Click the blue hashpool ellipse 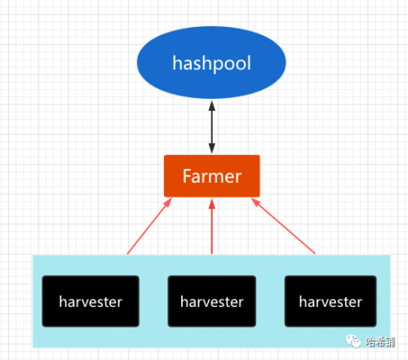[211, 63]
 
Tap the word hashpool [211, 64]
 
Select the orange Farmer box [212, 176]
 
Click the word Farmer [212, 176]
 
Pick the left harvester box [91, 301]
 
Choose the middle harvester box [212, 301]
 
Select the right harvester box [330, 301]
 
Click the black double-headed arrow [212, 127]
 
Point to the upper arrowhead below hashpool [212, 105]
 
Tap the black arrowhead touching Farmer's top [212, 149]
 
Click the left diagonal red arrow [149, 226]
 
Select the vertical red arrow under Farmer [212, 226]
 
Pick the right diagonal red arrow [283, 226]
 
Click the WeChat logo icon [353, 341]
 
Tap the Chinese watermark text [380, 342]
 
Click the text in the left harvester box [91, 301]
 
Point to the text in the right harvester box [330, 301]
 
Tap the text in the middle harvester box [212, 301]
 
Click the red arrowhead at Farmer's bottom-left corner [168, 202]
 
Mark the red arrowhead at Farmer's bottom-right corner [255, 202]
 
